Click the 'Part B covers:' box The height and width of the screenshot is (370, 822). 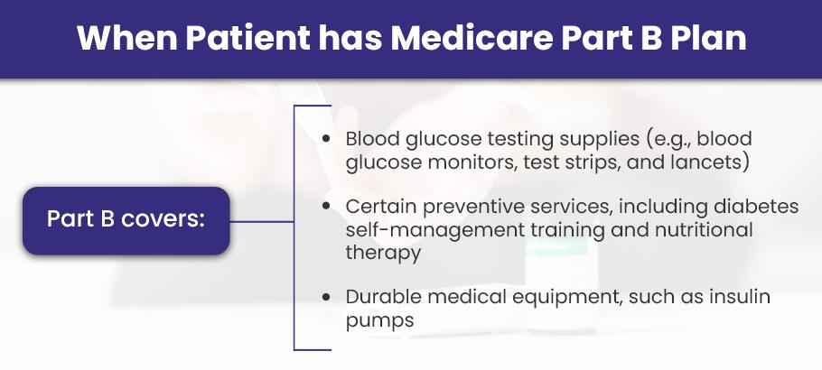tap(126, 220)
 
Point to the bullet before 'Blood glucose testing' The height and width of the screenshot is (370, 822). tap(327, 139)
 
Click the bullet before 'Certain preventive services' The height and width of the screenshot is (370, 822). tap(327, 207)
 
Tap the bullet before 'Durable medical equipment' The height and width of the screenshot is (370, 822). tap(327, 297)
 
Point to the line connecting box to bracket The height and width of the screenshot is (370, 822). tap(262, 222)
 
